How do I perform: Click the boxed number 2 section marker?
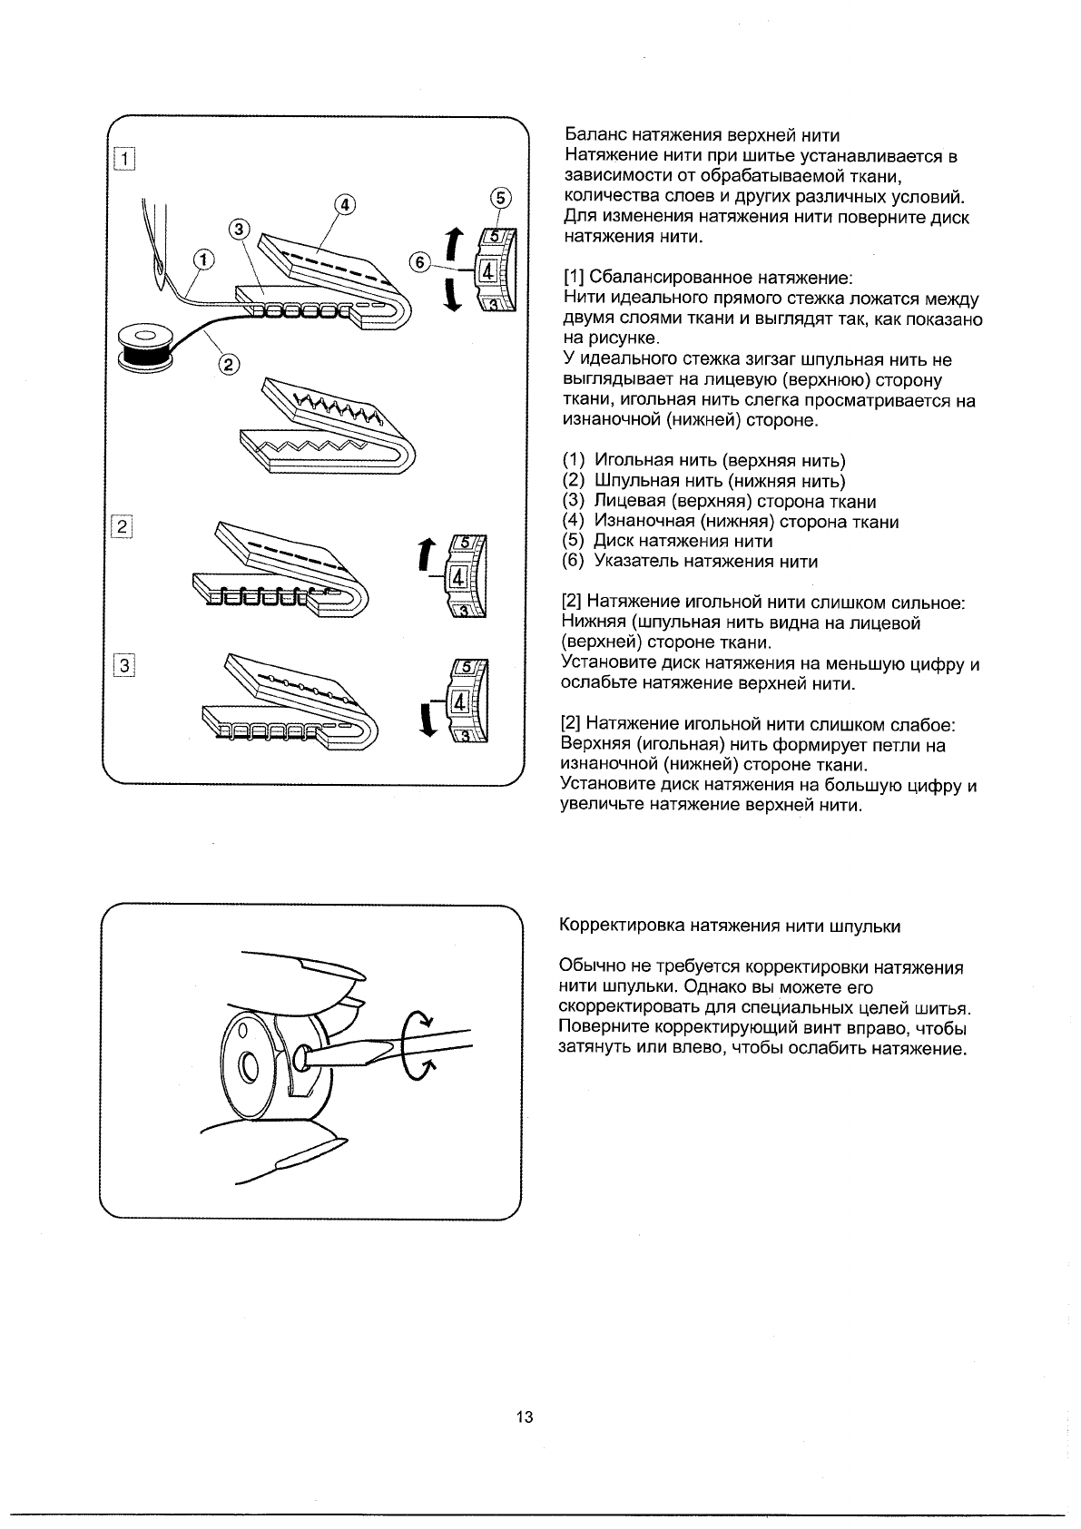tap(123, 526)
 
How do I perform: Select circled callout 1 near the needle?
tap(205, 260)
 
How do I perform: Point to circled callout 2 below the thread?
tap(229, 365)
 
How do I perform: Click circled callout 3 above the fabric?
tap(239, 230)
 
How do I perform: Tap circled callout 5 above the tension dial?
tap(500, 199)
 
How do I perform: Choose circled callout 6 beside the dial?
tap(419, 261)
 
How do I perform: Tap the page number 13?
tap(525, 1417)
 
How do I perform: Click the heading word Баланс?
tap(594, 136)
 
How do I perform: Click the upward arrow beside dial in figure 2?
tap(424, 554)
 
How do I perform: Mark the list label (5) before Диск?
tap(574, 542)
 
